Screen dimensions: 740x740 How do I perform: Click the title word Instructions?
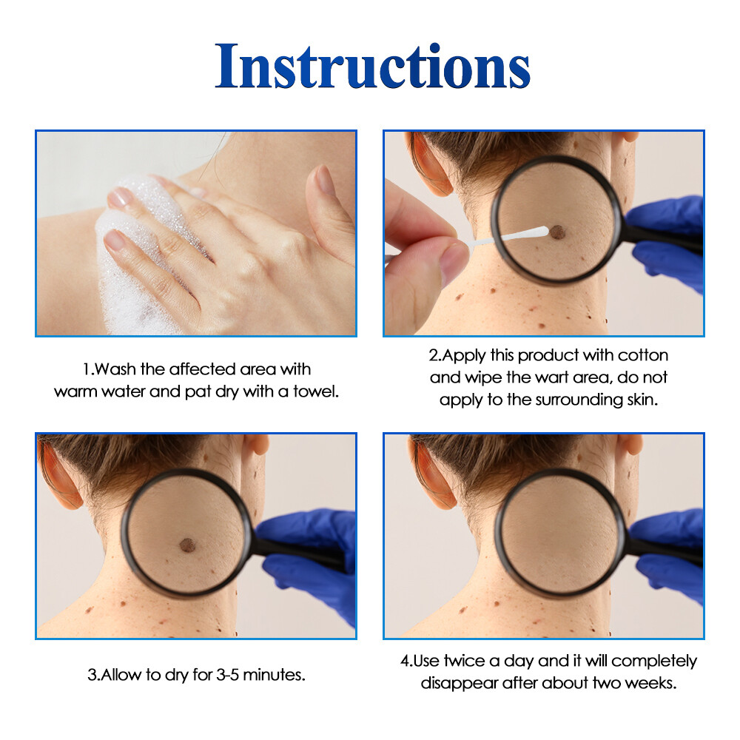[373, 67]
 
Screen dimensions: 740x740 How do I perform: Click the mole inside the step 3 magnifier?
[187, 546]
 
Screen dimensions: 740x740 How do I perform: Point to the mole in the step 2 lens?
[558, 233]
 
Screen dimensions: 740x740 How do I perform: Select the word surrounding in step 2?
[587, 400]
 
